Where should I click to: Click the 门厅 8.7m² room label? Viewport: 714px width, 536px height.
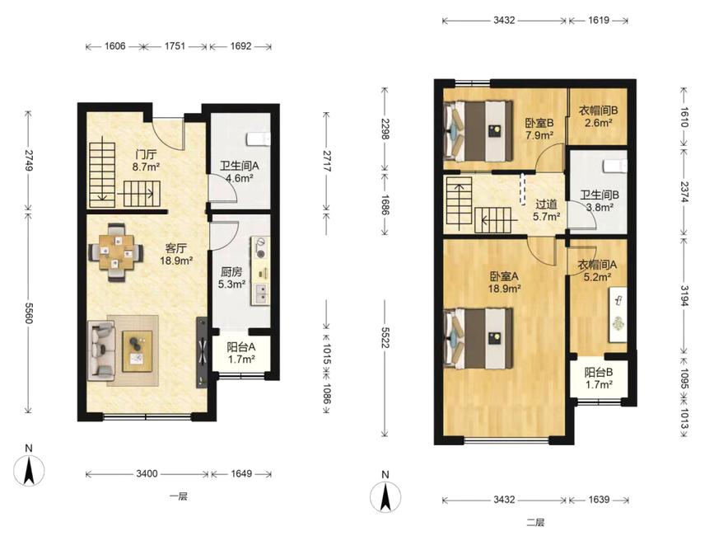(x=146, y=161)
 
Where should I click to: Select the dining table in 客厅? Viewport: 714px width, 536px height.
(x=117, y=252)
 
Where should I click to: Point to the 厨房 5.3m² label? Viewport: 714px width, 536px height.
(x=231, y=279)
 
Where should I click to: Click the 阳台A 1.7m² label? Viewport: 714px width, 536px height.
(x=241, y=353)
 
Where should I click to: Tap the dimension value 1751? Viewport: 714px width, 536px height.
(x=175, y=46)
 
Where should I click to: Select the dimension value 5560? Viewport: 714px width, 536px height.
(x=28, y=313)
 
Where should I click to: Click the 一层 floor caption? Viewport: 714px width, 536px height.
(x=179, y=496)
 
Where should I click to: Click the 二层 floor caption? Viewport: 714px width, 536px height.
(x=535, y=522)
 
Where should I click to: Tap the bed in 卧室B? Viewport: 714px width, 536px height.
(x=479, y=131)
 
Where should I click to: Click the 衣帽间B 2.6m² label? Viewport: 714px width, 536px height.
(x=599, y=116)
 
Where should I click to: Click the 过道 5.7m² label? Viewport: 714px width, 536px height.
(x=547, y=210)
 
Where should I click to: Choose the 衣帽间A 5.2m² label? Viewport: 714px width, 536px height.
(x=597, y=270)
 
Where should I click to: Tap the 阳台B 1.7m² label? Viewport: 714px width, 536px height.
(x=599, y=378)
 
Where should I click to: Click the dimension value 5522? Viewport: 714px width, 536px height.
(x=385, y=336)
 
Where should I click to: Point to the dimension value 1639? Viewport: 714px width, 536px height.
(x=599, y=500)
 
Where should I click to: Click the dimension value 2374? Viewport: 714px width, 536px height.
(x=685, y=191)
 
